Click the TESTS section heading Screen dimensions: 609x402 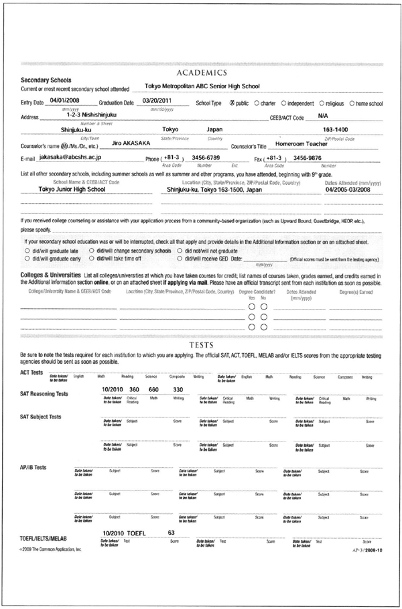click(x=201, y=344)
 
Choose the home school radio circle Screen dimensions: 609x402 click(x=352, y=104)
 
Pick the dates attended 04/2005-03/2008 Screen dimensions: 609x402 click(x=352, y=189)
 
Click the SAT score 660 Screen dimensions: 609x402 click(x=153, y=389)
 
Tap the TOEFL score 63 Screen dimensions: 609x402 click(x=171, y=532)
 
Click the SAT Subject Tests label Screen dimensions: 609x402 click(x=41, y=416)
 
